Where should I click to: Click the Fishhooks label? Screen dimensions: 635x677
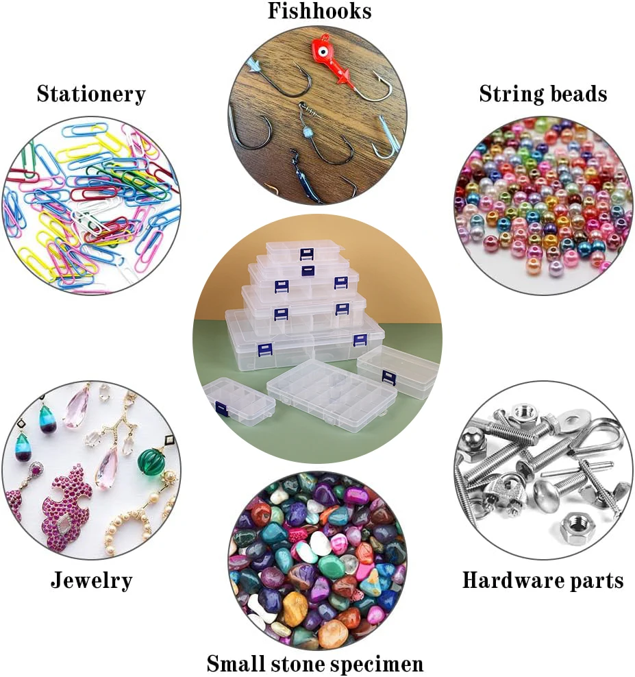(319, 11)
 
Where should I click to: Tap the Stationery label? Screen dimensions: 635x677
(91, 94)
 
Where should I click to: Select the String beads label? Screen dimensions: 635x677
(543, 94)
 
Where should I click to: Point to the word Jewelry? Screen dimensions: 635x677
(91, 581)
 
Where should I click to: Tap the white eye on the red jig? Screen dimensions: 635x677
(321, 47)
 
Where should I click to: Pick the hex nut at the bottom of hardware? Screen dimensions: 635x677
(573, 528)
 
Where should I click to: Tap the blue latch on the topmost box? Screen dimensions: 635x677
(306, 255)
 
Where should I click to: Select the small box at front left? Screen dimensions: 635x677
(238, 399)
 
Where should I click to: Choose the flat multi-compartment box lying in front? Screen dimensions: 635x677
(331, 393)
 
